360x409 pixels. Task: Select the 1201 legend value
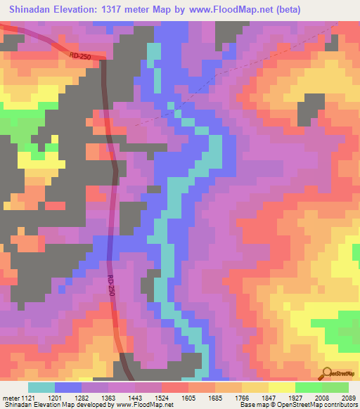pyautogui.click(x=68, y=398)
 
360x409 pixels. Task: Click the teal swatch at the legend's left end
pyautogui.click(x=41, y=387)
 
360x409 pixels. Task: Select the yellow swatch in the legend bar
pyautogui.click(x=281, y=387)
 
